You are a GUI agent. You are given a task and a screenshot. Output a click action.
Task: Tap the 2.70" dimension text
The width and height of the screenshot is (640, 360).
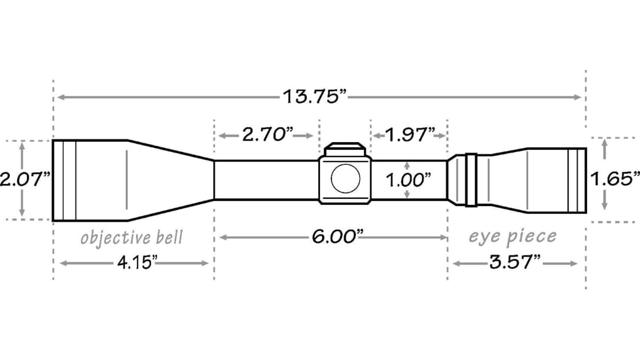268,135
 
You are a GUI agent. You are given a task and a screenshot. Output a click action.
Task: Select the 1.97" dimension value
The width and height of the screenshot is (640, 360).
410,135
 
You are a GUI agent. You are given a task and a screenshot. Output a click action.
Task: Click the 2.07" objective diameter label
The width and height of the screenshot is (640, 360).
25,179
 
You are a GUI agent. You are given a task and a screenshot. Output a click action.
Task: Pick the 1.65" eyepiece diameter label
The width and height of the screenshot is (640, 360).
614,178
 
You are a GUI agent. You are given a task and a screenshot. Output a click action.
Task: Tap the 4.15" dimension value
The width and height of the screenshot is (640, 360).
136,263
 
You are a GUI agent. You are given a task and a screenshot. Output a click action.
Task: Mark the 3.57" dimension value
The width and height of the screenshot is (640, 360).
514,263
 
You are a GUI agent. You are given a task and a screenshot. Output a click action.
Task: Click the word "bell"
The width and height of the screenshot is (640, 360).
169,236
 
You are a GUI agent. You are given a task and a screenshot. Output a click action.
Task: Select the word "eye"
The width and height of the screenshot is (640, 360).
483,236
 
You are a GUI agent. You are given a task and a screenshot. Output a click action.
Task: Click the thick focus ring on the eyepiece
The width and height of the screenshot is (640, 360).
470,179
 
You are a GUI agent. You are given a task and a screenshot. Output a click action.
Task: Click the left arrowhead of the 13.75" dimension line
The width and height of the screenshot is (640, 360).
60,97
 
